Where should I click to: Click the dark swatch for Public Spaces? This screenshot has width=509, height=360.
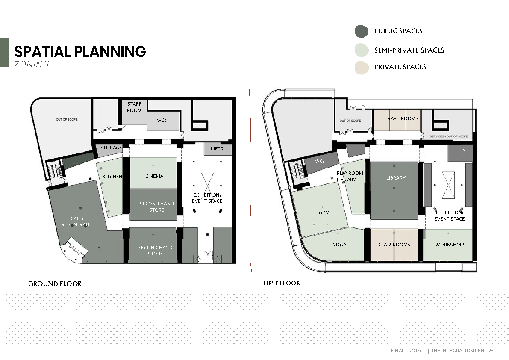[362, 32]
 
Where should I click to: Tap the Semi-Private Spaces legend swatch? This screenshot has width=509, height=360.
[362, 50]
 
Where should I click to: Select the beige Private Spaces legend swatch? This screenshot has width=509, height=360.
[362, 68]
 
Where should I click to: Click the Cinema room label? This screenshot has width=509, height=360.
[154, 176]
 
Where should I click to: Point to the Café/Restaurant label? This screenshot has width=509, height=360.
[77, 221]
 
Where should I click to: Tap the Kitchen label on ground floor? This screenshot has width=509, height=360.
[112, 177]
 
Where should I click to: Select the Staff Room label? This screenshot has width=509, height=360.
[134, 107]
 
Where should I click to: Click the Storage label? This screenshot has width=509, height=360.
[111, 148]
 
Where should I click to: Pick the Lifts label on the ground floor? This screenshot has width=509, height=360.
[217, 149]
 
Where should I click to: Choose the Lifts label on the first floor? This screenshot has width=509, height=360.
[459, 150]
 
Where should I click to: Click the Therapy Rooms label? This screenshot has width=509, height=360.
[398, 118]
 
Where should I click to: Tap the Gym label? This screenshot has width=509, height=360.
[324, 212]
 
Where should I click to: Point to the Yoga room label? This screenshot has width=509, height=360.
[340, 245]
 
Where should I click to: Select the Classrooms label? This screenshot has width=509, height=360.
[394, 245]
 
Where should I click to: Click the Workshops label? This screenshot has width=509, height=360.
[450, 245]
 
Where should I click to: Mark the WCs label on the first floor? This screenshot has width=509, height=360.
[320, 161]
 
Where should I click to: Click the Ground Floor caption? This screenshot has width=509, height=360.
[55, 284]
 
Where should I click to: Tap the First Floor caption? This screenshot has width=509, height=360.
[282, 283]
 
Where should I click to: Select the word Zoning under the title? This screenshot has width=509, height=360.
[32, 64]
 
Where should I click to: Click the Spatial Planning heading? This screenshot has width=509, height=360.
[80, 52]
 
